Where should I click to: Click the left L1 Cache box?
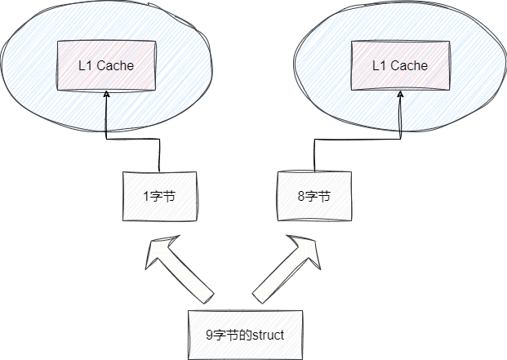coord(106,64)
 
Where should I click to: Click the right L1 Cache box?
coord(400,64)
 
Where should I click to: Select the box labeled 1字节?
coord(159,196)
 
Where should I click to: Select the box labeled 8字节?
coord(314,196)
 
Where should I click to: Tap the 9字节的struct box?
coord(245,335)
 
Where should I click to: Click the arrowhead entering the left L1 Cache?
coord(106,95)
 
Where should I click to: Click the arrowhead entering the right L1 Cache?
coord(400,95)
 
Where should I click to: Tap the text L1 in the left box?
coord(86,65)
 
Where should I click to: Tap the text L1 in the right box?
coord(380,65)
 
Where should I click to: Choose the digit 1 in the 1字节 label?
coord(145,197)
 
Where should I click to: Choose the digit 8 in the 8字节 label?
coord(301,197)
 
